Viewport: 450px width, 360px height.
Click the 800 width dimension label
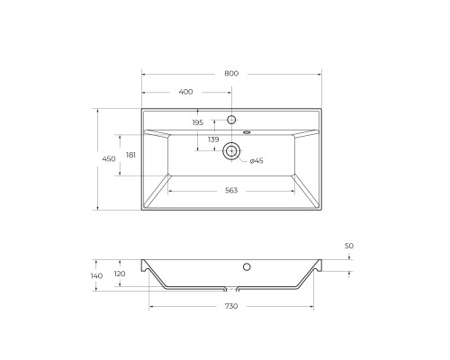(x=231, y=74)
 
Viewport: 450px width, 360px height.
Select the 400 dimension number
(x=186, y=93)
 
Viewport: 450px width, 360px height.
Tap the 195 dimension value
(x=197, y=122)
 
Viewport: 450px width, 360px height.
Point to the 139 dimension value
(x=213, y=139)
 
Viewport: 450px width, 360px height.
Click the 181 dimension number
(x=131, y=155)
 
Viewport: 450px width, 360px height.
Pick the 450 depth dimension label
(x=108, y=159)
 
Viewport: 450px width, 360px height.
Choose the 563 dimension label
(x=231, y=190)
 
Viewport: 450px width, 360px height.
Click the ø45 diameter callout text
(x=256, y=161)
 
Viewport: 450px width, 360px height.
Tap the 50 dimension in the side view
(x=349, y=246)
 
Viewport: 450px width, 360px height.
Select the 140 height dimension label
(x=97, y=275)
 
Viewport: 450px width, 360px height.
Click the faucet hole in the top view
(x=231, y=120)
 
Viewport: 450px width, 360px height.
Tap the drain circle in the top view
(x=231, y=151)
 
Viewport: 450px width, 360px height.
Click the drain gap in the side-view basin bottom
(x=231, y=290)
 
